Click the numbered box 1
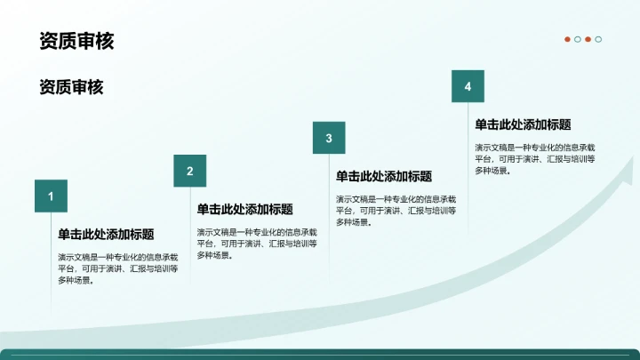coord(51,196)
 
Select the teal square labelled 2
coord(189,171)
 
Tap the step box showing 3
coord(329,138)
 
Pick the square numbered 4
coord(468,86)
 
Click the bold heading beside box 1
coord(106,235)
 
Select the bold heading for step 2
coord(244,210)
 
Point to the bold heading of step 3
coord(384,177)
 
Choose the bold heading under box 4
coord(523,125)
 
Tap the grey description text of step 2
coord(257,243)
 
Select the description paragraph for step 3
coord(396,210)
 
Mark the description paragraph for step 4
coord(535,158)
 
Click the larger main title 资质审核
coord(76,41)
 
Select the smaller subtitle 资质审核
coord(71,87)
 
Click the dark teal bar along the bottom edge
coord(320,355)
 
